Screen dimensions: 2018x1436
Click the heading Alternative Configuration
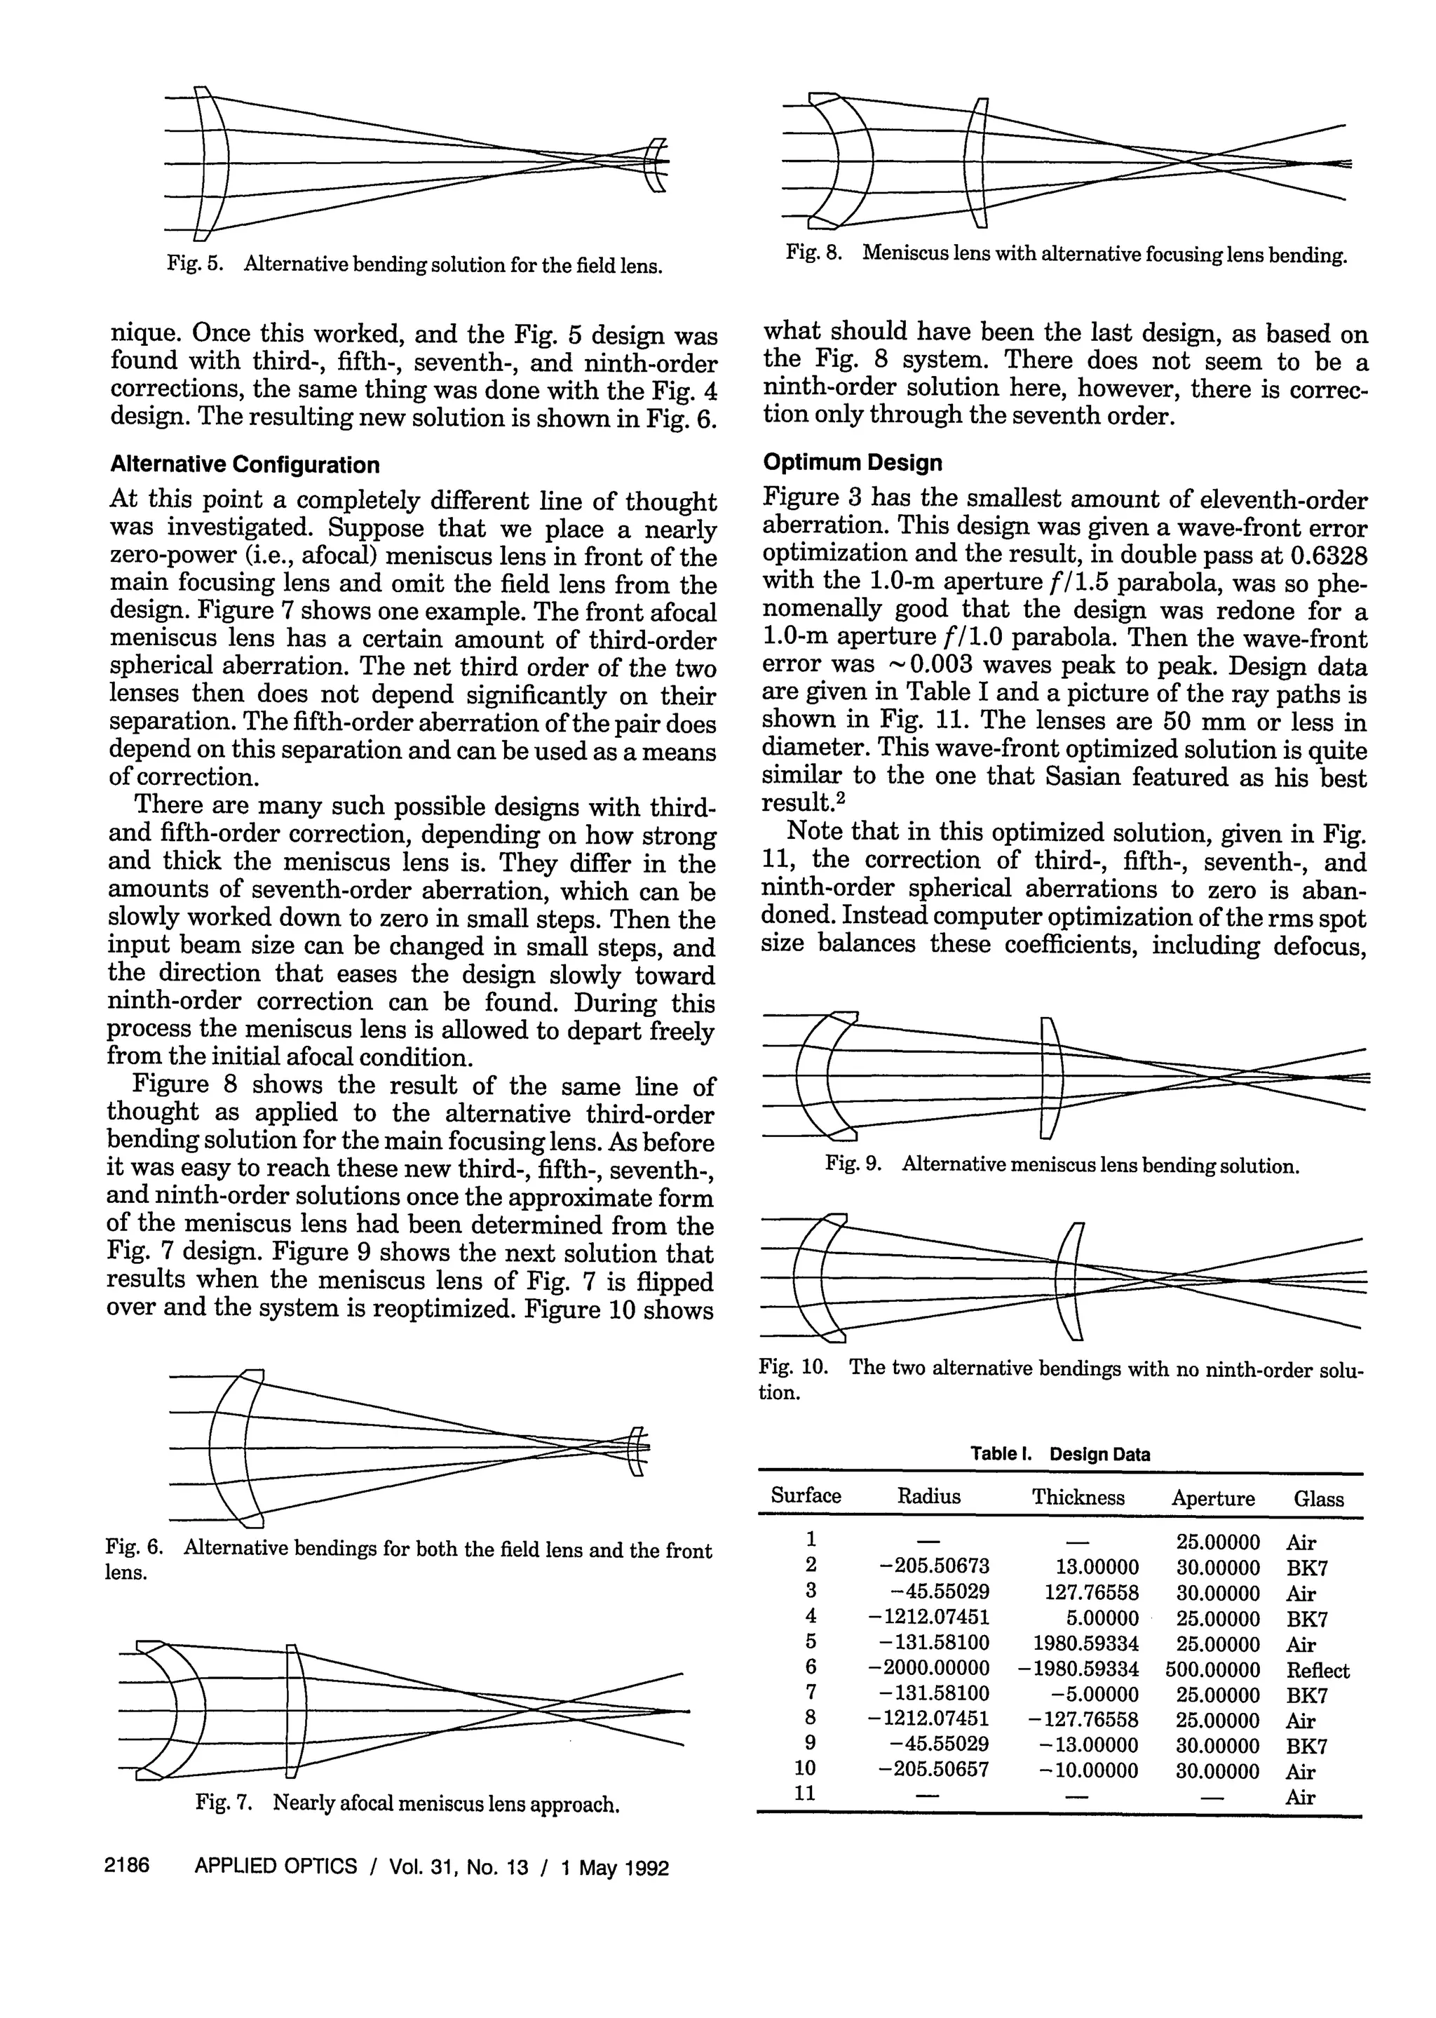tap(244, 465)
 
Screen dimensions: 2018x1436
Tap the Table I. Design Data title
tap(1059, 1454)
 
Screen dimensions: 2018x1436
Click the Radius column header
tap(928, 1496)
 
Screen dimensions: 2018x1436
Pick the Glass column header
tap(1318, 1498)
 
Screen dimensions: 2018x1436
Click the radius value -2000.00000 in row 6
tap(929, 1669)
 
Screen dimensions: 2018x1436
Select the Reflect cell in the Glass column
tap(1318, 1671)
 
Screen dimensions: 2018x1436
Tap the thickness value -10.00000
tap(1085, 1771)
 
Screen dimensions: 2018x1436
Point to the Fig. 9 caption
tap(1061, 1166)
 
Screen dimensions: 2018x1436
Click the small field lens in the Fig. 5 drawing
tap(654, 164)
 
